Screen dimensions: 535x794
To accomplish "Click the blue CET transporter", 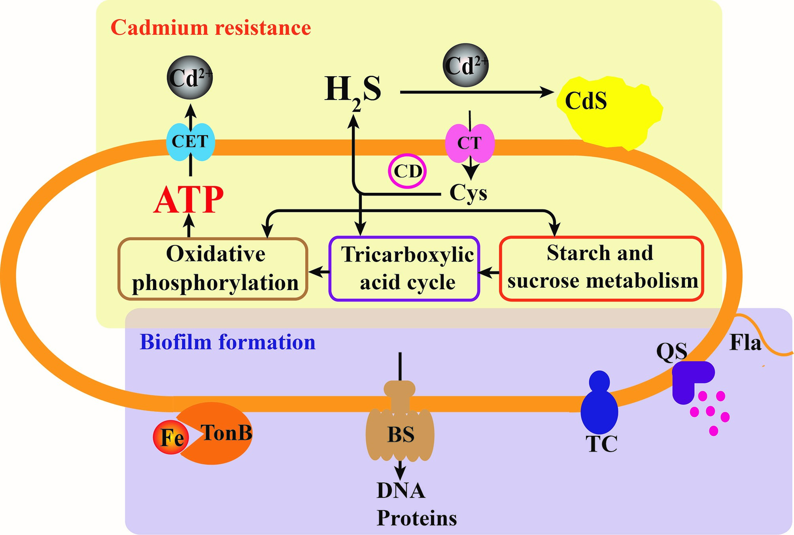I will tap(190, 142).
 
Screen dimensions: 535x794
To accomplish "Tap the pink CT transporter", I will tap(470, 143).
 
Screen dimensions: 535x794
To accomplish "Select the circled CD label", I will tap(407, 171).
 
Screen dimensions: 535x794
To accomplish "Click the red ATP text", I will tap(189, 200).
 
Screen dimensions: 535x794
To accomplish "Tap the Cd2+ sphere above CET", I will tap(190, 77).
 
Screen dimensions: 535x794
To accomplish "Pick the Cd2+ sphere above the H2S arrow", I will tap(465, 65).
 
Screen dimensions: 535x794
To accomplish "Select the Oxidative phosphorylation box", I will tap(213, 269).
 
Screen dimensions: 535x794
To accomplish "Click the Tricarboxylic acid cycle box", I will tap(404, 269).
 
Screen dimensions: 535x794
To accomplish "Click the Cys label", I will tap(468, 193).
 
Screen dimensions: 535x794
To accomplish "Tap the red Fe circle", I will tap(171, 437).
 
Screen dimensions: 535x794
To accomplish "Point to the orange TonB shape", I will tap(221, 433).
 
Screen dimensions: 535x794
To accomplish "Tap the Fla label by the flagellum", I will tap(745, 342).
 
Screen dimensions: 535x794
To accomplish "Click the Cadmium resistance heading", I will tap(211, 28).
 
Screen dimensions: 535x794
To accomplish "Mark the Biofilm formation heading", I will tap(227, 342).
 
